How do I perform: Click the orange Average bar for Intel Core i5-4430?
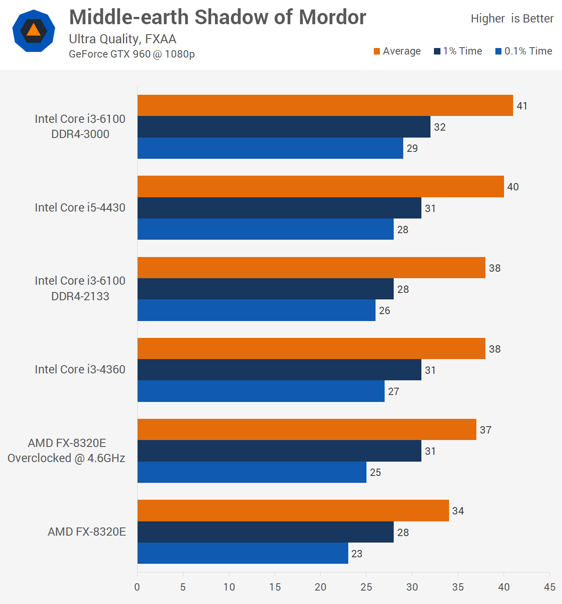click(x=321, y=186)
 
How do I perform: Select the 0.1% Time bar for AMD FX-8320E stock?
click(x=243, y=553)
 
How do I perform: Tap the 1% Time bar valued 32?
click(x=284, y=127)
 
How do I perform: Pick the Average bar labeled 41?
click(x=325, y=106)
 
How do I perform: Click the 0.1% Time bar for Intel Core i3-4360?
click(x=261, y=391)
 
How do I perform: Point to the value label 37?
click(x=485, y=430)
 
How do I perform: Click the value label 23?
click(x=357, y=554)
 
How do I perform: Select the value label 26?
click(x=385, y=311)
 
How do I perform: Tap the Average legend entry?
click(x=397, y=51)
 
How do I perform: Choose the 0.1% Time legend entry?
click(x=524, y=51)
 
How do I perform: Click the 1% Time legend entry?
click(x=458, y=51)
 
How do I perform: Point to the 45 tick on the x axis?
click(x=549, y=587)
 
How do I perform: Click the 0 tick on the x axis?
click(x=137, y=587)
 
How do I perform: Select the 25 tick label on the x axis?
click(x=366, y=587)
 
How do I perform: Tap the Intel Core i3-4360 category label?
click(x=80, y=369)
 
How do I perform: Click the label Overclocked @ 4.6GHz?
click(x=66, y=458)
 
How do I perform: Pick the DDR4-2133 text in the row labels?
click(x=80, y=296)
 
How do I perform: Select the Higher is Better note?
click(x=512, y=19)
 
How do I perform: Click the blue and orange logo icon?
click(x=34, y=31)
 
